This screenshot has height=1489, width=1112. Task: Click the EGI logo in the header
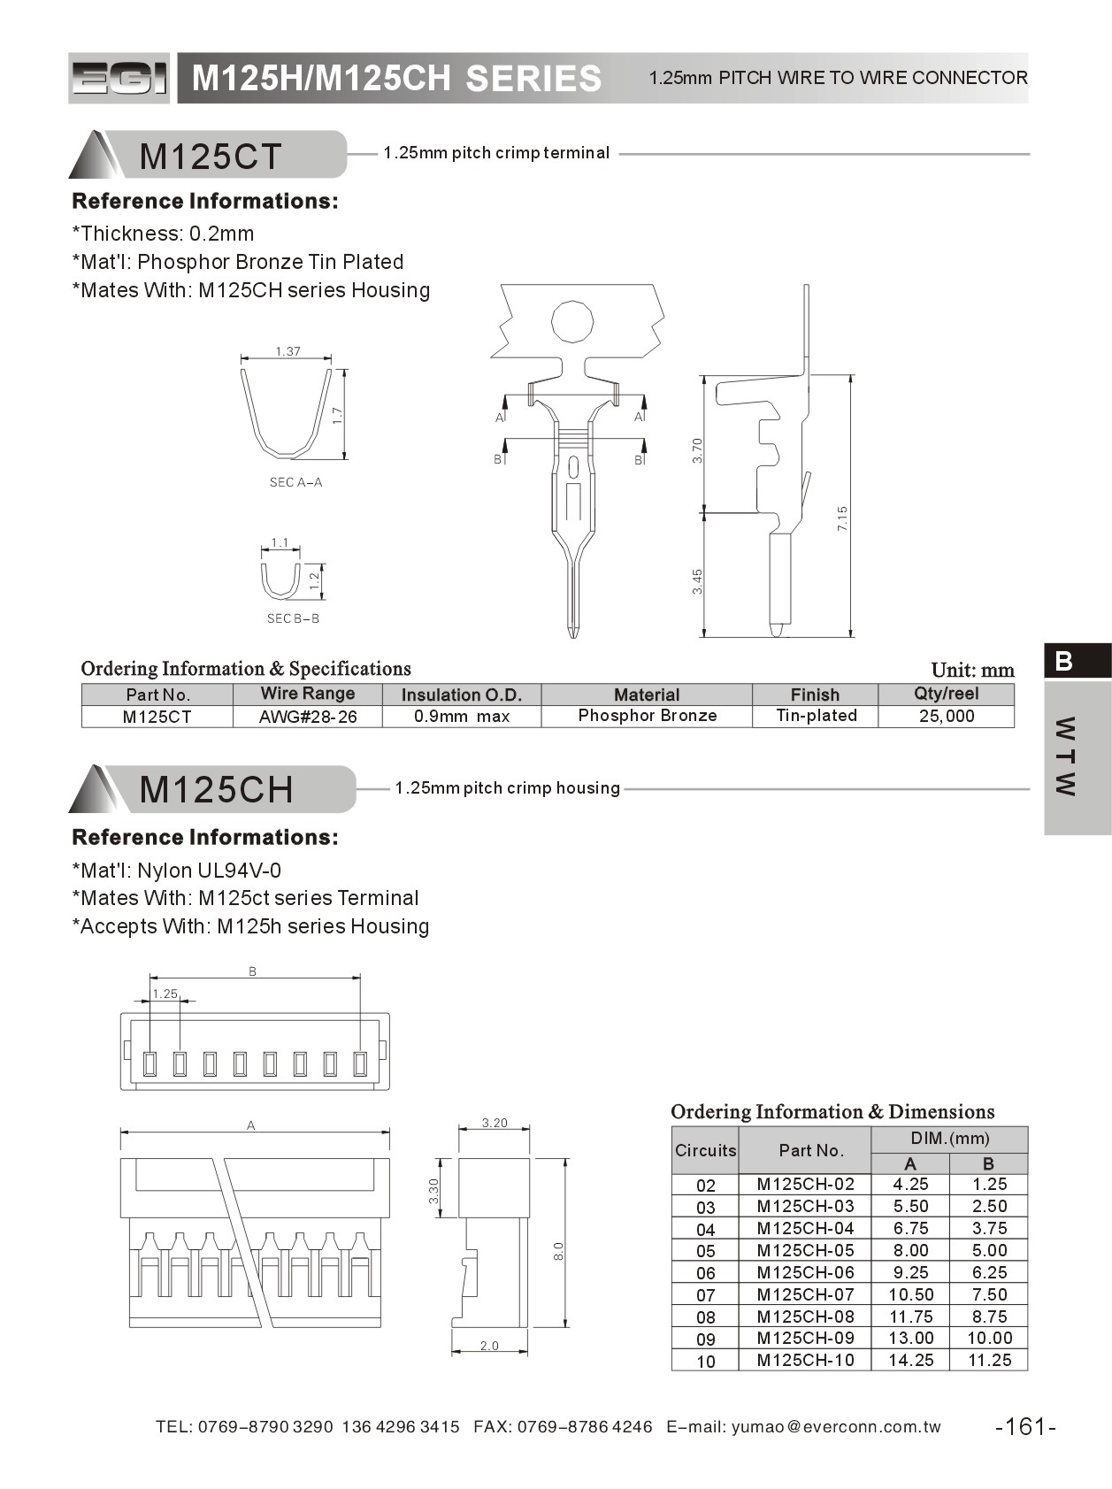point(119,79)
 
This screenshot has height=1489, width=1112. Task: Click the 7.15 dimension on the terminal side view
point(843,518)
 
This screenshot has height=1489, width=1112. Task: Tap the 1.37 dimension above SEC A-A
point(288,351)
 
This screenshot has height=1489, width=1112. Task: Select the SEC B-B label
point(293,618)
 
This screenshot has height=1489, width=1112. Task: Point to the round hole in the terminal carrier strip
point(572,321)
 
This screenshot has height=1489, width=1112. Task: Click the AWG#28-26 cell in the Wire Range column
point(308,717)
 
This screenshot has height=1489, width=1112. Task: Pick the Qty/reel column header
point(946,694)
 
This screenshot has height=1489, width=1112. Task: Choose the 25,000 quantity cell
point(946,716)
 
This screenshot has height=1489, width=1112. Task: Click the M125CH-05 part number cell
point(805,1250)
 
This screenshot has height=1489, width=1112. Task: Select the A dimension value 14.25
point(910,1360)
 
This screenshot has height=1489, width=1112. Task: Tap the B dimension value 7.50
point(988,1294)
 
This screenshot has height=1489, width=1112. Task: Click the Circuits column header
point(705,1150)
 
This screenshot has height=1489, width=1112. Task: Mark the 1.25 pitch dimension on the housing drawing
point(165,994)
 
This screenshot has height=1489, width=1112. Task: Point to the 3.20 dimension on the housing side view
point(495,1123)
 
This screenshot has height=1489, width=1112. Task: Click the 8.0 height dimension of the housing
point(558,1251)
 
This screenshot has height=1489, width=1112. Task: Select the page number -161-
point(1026,1426)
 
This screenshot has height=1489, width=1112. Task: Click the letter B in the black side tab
point(1064,661)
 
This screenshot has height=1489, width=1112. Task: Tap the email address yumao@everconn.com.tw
point(836,1426)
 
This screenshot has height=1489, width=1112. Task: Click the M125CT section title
point(211,157)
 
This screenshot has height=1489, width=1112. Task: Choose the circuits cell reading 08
point(705,1317)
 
